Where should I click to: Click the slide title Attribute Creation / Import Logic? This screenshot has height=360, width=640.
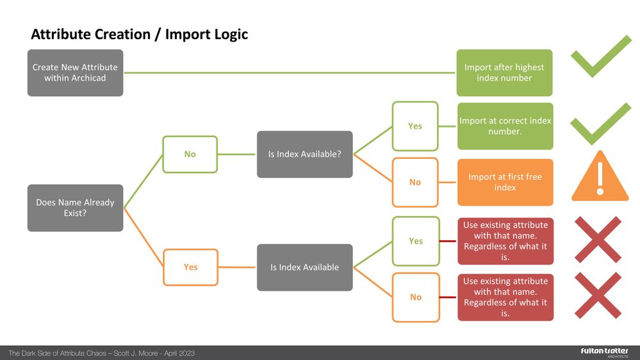[139, 34]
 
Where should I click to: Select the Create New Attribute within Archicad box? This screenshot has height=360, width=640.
[75, 72]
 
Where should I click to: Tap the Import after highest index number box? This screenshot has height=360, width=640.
[504, 72]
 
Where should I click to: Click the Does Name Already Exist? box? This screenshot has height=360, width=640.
[75, 208]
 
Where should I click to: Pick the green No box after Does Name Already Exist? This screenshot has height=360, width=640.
[190, 154]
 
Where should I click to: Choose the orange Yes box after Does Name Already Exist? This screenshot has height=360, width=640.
[190, 267]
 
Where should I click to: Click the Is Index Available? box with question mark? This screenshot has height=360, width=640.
[304, 154]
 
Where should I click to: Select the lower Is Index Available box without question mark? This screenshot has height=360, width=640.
[304, 267]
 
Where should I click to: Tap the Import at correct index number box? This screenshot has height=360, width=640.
[504, 126]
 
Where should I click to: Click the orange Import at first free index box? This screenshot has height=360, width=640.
[504, 182]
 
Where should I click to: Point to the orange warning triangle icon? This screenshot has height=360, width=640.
[600, 177]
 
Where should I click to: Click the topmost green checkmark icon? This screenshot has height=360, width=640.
[601, 56]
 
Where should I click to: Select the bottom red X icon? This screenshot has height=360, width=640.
[598, 295]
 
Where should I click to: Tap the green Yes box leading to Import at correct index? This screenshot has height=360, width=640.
[415, 126]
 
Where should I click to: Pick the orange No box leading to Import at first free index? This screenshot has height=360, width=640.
[415, 183]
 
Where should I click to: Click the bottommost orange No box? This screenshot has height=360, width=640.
[415, 297]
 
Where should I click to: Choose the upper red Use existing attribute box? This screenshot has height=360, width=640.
[504, 241]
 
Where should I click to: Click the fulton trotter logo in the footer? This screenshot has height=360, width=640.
[600, 352]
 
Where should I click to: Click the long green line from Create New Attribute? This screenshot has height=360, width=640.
[288, 72]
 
